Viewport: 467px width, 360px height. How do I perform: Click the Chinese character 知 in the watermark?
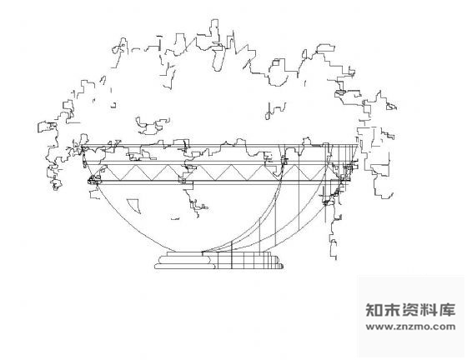(374, 310)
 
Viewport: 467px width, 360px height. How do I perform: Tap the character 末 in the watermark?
(392, 310)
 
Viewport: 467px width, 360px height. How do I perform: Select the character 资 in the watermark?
(410, 310)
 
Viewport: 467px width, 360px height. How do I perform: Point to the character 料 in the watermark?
(429, 310)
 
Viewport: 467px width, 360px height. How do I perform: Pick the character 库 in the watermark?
(447, 310)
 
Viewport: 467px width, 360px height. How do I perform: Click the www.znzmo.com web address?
(410, 327)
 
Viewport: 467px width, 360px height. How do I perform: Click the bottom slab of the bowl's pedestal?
(218, 267)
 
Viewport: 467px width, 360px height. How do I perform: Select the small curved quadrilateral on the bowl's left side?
(133, 206)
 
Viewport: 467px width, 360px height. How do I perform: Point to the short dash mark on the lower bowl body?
(175, 219)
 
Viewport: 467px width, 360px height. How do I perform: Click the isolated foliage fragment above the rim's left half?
(153, 126)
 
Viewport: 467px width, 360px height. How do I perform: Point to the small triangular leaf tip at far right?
(392, 107)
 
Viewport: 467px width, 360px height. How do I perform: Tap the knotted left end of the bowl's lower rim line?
(93, 180)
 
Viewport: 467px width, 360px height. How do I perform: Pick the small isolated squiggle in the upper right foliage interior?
(275, 111)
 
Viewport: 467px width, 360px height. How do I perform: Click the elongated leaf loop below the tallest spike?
(218, 59)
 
